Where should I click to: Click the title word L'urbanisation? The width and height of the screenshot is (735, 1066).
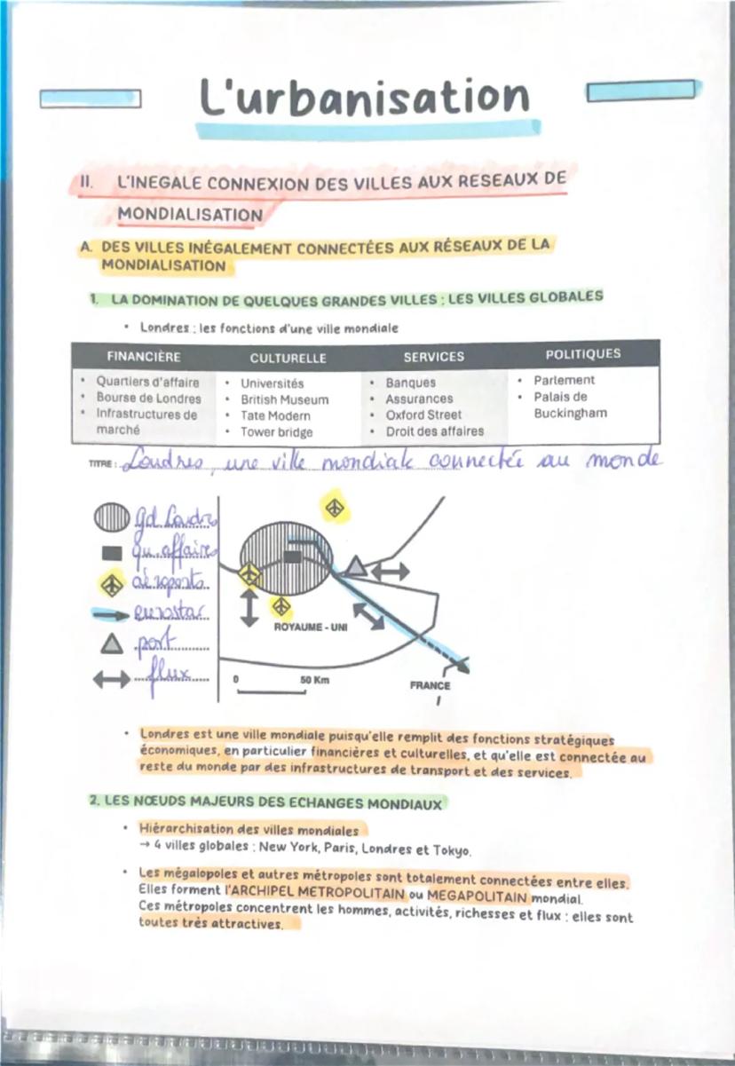(364, 98)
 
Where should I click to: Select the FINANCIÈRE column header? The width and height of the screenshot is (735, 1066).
(143, 357)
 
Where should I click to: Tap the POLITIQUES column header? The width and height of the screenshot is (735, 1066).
(582, 354)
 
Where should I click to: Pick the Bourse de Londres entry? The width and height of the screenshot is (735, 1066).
(148, 398)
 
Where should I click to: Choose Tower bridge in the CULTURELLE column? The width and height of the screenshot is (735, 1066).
(276, 432)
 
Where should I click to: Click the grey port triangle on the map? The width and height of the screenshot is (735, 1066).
(355, 566)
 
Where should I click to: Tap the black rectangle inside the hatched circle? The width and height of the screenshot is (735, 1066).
(292, 556)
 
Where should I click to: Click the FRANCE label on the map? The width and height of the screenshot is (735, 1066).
(430, 685)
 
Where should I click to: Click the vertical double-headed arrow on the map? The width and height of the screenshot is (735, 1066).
(250, 608)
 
